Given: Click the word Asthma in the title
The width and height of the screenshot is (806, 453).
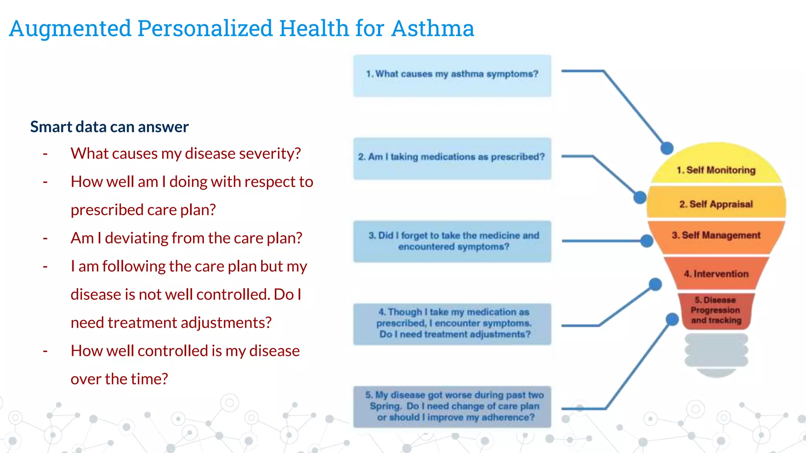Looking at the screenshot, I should coord(433,28).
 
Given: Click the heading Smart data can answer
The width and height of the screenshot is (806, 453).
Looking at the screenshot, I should coord(109,127).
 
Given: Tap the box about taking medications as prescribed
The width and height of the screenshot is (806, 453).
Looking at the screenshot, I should coord(452,158).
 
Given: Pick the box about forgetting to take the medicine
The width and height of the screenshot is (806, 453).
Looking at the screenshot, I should coord(452,241).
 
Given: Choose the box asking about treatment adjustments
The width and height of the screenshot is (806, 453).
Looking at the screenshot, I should coord(452,324).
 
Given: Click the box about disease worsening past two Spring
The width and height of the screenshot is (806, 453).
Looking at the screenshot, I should coord(452,406).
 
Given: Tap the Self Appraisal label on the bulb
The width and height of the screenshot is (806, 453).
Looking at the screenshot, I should coord(716,204).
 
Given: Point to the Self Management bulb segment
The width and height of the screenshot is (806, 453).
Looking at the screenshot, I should coord(716,236).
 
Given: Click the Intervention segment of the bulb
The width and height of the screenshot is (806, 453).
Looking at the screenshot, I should coord(716,274).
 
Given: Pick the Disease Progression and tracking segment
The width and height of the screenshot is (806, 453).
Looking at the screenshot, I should coord(716,311).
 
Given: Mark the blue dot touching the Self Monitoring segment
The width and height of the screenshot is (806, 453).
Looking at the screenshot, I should coord(667,148).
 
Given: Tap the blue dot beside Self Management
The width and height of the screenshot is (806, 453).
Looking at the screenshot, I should coord(647,241).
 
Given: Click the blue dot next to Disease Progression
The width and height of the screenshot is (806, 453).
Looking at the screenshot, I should coord(672,319).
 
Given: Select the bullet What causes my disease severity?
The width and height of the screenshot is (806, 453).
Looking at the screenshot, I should coord(185,153).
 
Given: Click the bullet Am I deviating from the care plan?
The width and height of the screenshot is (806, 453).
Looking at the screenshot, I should coord(186,238).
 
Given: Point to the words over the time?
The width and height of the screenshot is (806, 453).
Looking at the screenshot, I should coord(119,379).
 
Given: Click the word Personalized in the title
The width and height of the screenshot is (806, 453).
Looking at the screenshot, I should coord(205,28).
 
